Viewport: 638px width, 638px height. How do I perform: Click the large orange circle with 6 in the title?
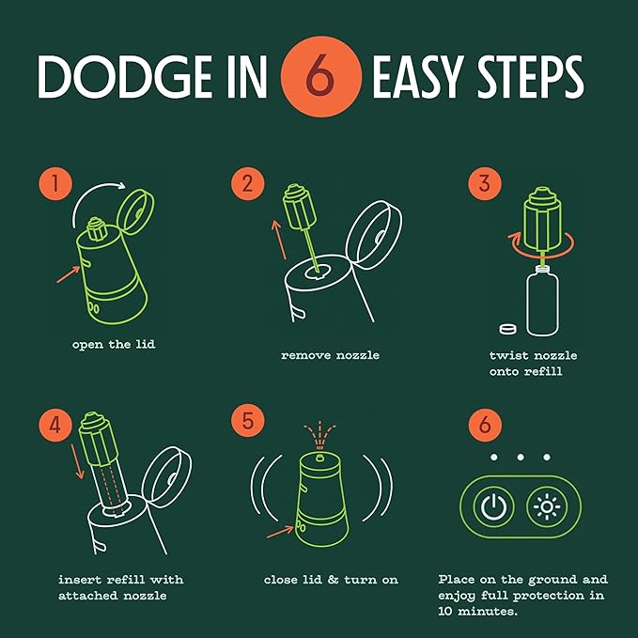[x=321, y=76]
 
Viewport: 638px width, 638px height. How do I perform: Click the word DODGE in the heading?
[x=125, y=77]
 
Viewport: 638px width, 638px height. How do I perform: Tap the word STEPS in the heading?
[x=530, y=77]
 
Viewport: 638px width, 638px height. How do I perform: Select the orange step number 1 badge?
[x=55, y=183]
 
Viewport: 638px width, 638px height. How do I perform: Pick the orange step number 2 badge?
[x=248, y=183]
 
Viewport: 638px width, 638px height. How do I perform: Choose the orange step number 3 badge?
[x=485, y=183]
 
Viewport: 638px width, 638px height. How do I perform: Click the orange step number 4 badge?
[x=55, y=426]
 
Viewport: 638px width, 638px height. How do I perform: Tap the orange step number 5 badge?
[x=248, y=420]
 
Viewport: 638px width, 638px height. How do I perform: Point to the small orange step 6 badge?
[x=485, y=426]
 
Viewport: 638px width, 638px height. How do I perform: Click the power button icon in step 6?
[x=494, y=507]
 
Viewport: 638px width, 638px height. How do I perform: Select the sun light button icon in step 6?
[x=547, y=507]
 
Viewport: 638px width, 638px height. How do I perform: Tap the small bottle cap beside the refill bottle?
[x=508, y=329]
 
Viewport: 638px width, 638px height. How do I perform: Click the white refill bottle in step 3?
[x=543, y=301]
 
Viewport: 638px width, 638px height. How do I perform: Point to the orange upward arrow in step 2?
[x=279, y=240]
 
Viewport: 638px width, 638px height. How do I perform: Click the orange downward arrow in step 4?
[x=78, y=461]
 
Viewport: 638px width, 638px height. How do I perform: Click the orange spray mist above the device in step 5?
[x=319, y=434]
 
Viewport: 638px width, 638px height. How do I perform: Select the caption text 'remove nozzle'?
[x=330, y=355]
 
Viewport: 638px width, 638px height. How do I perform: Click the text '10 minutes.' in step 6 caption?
[x=477, y=611]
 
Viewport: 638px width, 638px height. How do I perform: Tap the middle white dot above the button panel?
[x=521, y=458]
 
